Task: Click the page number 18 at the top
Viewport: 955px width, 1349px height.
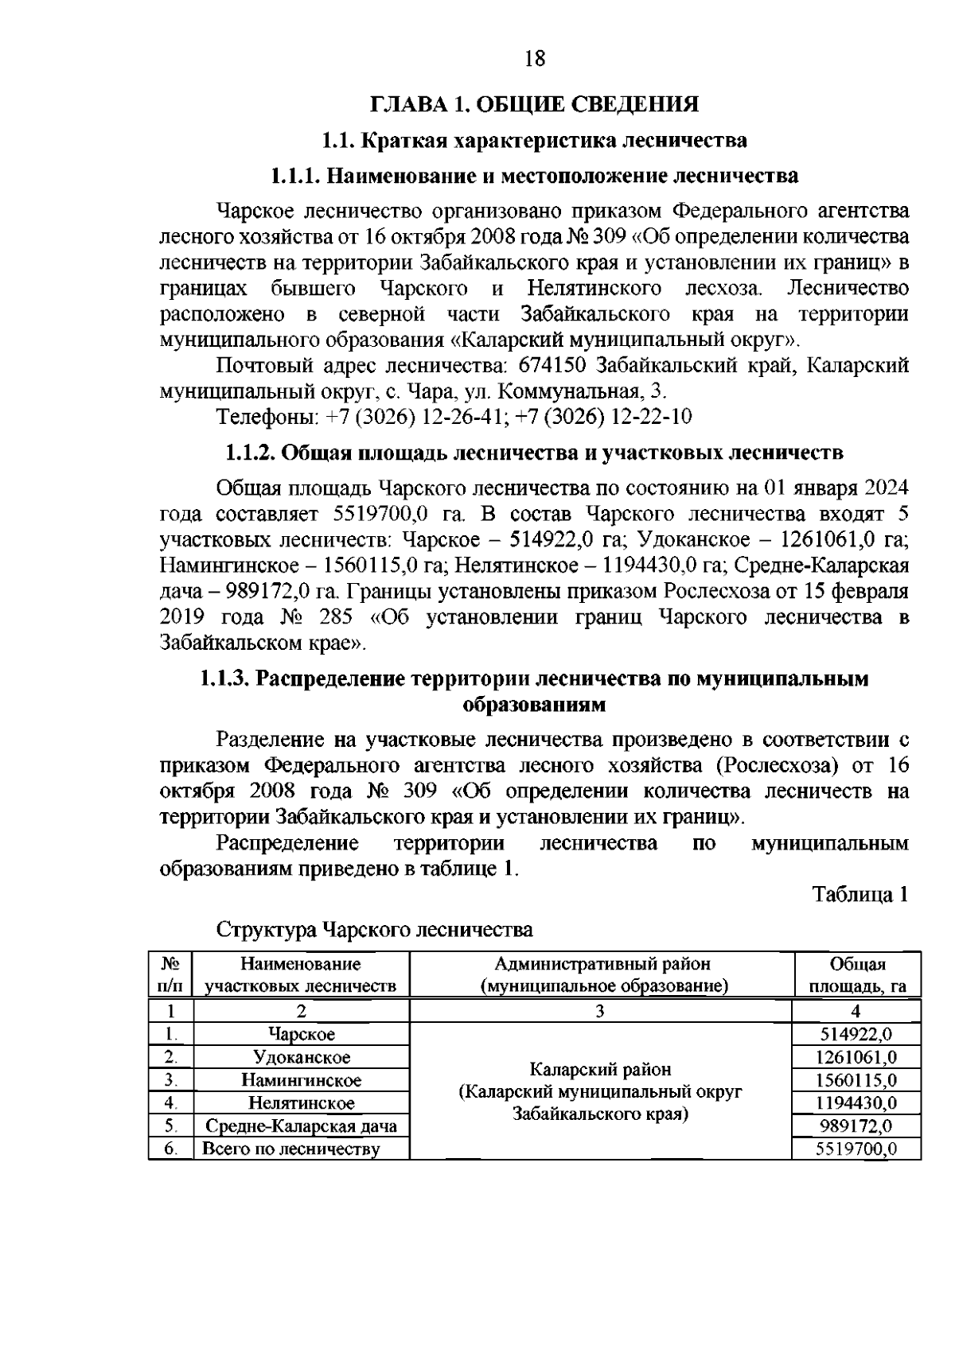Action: click(534, 58)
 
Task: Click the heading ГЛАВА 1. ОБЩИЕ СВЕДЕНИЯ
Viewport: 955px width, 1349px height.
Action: click(533, 104)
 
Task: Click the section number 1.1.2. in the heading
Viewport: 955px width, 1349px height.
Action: click(248, 453)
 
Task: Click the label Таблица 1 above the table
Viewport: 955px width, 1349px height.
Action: click(859, 894)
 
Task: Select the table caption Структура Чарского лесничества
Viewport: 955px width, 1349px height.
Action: click(375, 929)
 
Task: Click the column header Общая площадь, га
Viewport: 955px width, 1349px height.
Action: click(857, 975)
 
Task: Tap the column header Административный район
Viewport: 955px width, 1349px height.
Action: click(602, 964)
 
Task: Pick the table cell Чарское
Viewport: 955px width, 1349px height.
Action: click(302, 1034)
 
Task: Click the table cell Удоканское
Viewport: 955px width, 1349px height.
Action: click(302, 1057)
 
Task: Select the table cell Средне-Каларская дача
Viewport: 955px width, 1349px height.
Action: click(302, 1125)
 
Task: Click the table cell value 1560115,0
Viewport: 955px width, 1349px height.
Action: click(856, 1080)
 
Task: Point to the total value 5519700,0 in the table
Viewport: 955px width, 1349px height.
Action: click(856, 1149)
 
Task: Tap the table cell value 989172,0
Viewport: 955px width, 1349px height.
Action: click(856, 1125)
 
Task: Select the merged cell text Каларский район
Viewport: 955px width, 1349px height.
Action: click(601, 1069)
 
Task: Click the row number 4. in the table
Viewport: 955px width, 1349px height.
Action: click(170, 1103)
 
